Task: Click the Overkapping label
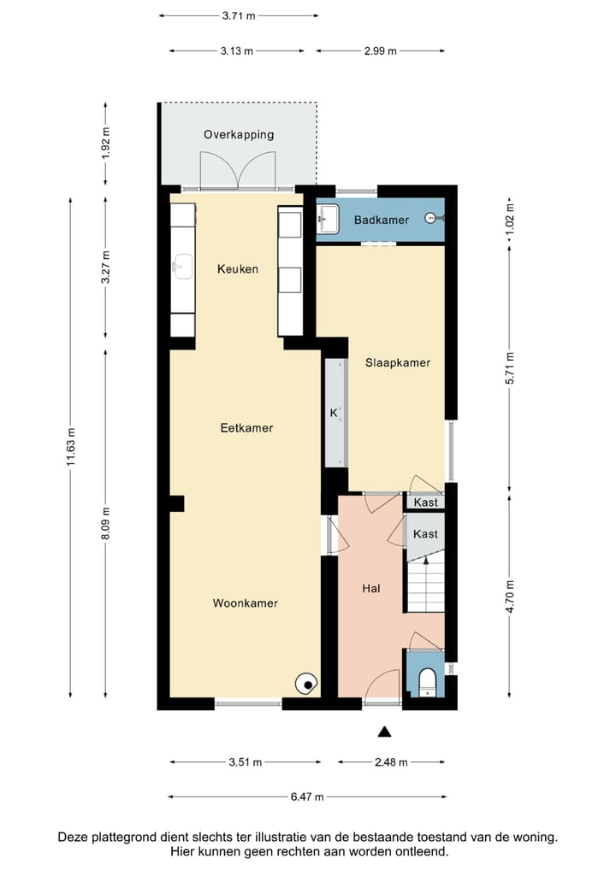(239, 134)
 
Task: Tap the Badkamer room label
(382, 220)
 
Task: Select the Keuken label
(238, 269)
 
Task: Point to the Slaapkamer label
(397, 362)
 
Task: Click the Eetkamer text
(246, 427)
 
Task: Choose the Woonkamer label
(246, 603)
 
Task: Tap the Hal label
(371, 588)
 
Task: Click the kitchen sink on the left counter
(181, 266)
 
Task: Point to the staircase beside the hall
(425, 586)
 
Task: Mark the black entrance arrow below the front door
(385, 731)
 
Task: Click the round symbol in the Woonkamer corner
(306, 683)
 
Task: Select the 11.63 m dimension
(72, 446)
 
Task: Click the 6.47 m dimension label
(306, 797)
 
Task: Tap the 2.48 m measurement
(390, 762)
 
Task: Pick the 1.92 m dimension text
(106, 144)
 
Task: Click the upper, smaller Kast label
(425, 503)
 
